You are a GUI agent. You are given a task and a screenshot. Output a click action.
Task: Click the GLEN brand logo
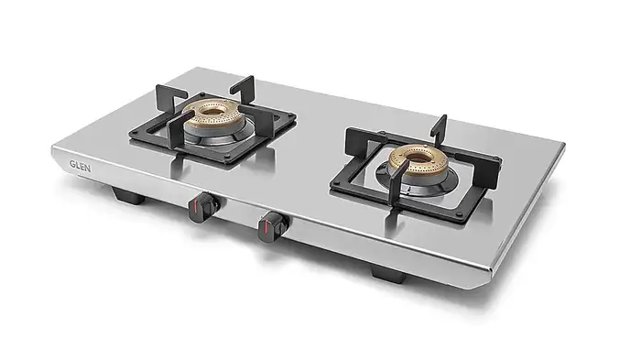[x=81, y=166]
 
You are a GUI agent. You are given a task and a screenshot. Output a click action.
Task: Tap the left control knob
[x=203, y=208]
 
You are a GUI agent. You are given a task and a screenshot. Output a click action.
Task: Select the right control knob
[x=274, y=226]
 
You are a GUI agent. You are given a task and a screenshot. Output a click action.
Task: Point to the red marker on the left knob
[x=196, y=207]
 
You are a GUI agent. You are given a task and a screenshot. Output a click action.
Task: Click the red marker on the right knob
[x=266, y=227]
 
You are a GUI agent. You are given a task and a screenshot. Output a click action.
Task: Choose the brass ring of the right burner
[x=418, y=160]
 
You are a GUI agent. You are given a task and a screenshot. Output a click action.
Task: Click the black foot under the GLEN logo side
[x=128, y=195]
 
